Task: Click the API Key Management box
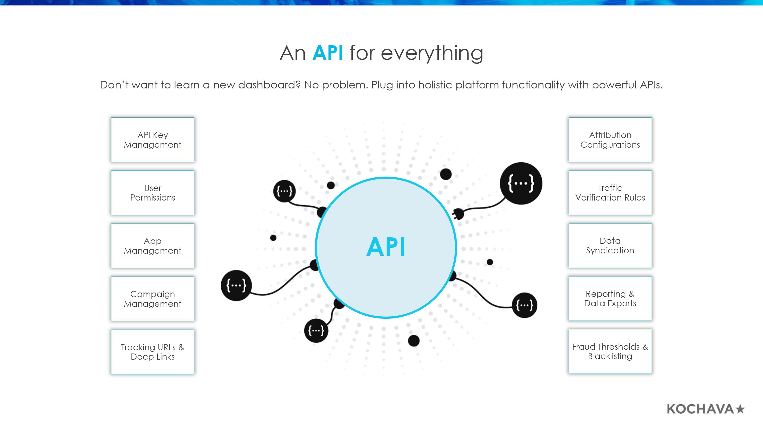tap(153, 140)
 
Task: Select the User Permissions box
tap(153, 193)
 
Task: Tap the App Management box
tap(153, 246)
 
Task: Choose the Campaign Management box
tap(153, 299)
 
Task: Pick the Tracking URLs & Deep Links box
tap(153, 352)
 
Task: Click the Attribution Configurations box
tap(610, 140)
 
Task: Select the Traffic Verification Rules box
tap(610, 192)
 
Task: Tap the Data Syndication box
tap(610, 246)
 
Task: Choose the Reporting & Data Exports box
tap(610, 298)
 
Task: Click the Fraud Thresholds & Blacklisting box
tap(610, 351)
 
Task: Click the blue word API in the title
tap(328, 53)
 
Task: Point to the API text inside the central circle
tap(386, 247)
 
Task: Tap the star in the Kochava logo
tap(740, 409)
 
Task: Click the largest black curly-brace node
tap(521, 183)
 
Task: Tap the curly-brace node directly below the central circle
tap(316, 330)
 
